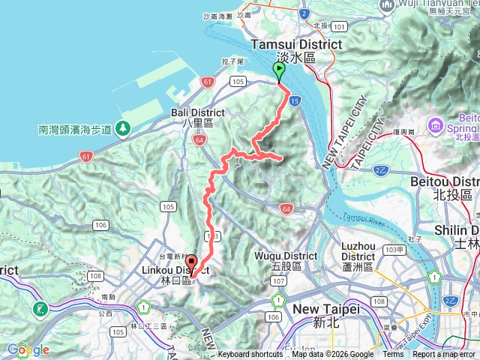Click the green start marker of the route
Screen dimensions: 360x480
pyautogui.click(x=279, y=72)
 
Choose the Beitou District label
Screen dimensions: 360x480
pyautogui.click(x=445, y=187)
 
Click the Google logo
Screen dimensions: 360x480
pyautogui.click(x=28, y=349)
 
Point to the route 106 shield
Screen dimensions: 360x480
pyautogui.click(x=100, y=224)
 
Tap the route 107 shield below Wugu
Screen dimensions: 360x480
pyautogui.click(x=278, y=281)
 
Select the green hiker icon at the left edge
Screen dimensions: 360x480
pyautogui.click(x=39, y=308)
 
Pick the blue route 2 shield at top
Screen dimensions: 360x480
pyautogui.click(x=304, y=13)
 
